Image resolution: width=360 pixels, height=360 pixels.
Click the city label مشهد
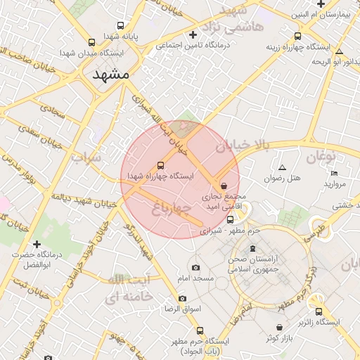[x=111, y=74]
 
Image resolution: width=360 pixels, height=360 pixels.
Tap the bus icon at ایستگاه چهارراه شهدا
[x=160, y=164]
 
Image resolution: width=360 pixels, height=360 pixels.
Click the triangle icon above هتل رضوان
[x=283, y=167]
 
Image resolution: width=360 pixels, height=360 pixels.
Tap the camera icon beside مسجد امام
[x=195, y=267]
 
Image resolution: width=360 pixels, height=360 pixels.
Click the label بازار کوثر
[x=279, y=338]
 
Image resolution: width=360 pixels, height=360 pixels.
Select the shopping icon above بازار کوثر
[x=281, y=327]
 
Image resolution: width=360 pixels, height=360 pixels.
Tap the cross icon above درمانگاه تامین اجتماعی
[x=193, y=34]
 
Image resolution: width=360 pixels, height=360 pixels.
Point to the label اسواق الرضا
[x=183, y=309]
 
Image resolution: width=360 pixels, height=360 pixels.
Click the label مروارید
[x=336, y=184]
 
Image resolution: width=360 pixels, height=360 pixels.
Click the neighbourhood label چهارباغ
[x=171, y=207]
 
